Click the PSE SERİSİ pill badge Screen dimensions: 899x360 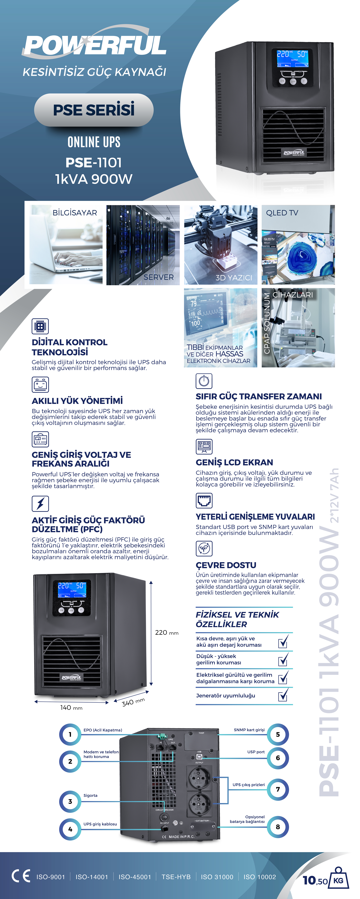pos(94,110)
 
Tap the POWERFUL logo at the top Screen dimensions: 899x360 pos(94,45)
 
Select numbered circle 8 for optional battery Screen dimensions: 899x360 pos(278,827)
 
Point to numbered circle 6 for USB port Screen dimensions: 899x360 pos(278,758)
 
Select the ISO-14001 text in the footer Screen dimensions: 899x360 pos(92,877)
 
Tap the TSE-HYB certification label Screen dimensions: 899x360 pos(176,877)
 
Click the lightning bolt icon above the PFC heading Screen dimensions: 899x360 pos(40,504)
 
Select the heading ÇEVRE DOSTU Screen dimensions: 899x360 pos(226,565)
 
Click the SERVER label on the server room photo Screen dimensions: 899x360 pos(159,277)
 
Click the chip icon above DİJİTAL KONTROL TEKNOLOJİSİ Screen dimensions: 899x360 pos(40,326)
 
